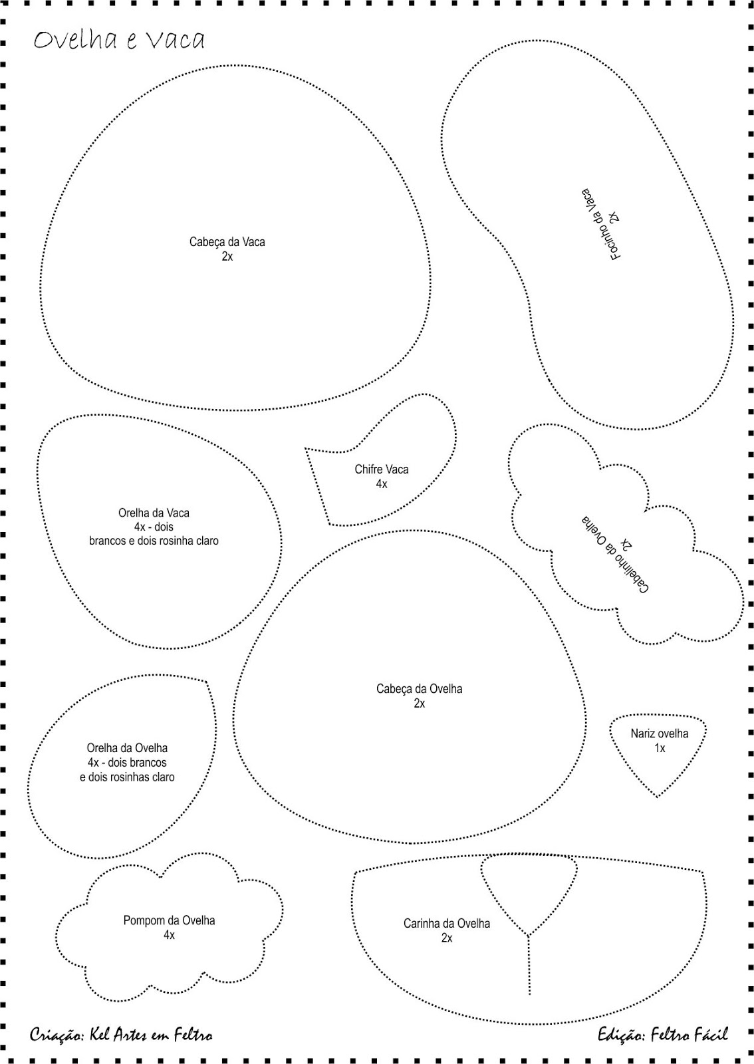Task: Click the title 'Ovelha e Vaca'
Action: click(x=119, y=41)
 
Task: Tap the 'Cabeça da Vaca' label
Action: click(x=227, y=242)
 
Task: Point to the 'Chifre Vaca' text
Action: click(x=382, y=469)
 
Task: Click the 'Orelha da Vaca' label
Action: click(x=154, y=513)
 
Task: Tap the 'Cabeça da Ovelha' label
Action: click(x=419, y=689)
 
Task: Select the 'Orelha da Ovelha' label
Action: click(x=127, y=748)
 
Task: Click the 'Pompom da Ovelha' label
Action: click(x=169, y=920)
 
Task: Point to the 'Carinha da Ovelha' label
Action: click(x=446, y=923)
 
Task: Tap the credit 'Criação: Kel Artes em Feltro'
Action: click(x=121, y=1035)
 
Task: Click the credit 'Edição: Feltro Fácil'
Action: click(x=662, y=1034)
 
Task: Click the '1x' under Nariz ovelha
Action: click(x=659, y=748)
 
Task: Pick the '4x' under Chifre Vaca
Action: click(x=382, y=484)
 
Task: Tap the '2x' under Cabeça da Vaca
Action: click(x=227, y=257)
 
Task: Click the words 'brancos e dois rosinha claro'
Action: click(x=154, y=541)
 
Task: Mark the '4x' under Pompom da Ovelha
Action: click(x=169, y=935)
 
